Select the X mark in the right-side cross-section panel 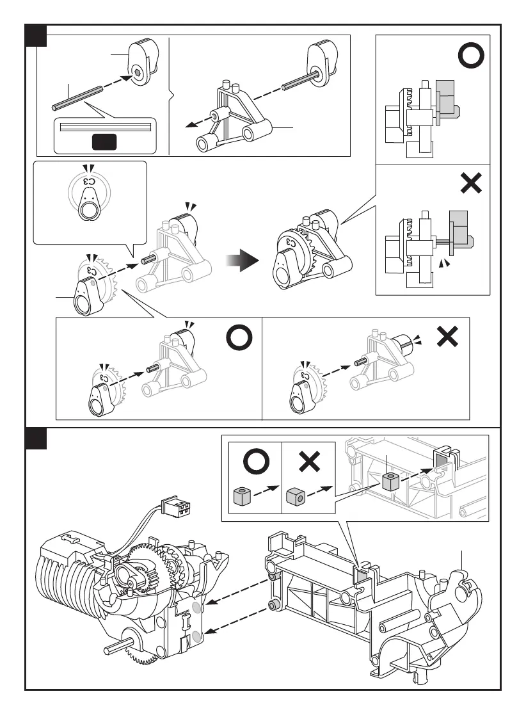(x=470, y=185)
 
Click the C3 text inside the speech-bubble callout (x=89, y=182)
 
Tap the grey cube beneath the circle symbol (x=241, y=495)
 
